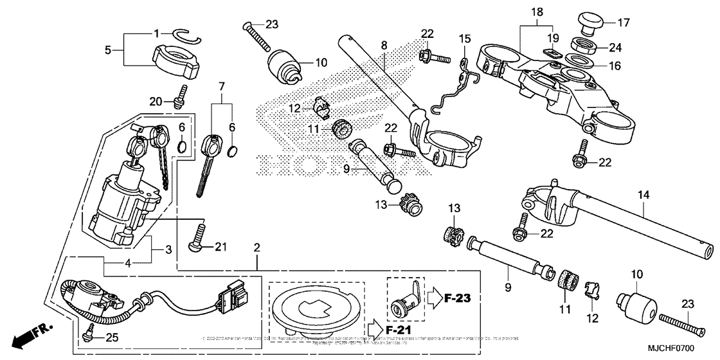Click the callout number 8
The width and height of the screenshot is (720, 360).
click(384, 46)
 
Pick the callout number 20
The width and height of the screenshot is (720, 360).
click(155, 101)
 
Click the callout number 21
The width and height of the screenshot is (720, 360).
click(221, 246)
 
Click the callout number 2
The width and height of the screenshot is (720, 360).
click(256, 248)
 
